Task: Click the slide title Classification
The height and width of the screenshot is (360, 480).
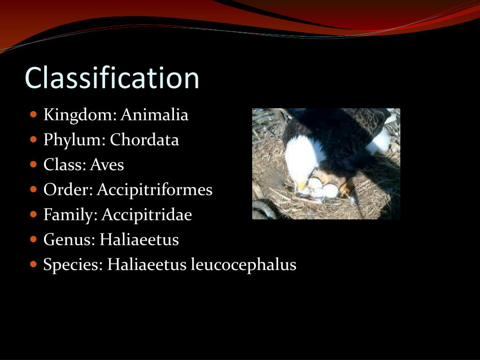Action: point(112,78)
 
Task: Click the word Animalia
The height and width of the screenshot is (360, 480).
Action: point(154,115)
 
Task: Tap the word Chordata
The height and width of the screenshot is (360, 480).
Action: point(144,140)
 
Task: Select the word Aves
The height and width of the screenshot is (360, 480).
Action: point(107,165)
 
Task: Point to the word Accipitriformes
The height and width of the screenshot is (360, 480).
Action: point(155,190)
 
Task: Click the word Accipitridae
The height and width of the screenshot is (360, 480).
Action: point(147,215)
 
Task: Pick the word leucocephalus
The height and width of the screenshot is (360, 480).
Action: point(244,265)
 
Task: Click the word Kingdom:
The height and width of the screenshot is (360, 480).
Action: point(80,115)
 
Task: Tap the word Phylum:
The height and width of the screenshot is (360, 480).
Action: point(75,140)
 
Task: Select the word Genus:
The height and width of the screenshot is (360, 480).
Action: point(69,240)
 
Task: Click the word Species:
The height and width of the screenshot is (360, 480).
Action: point(73,265)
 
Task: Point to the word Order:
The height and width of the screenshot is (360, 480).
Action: point(68,190)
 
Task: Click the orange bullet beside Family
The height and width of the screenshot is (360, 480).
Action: point(33,214)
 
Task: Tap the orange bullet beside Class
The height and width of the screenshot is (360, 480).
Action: point(33,164)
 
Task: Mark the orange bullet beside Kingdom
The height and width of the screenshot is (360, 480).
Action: point(33,114)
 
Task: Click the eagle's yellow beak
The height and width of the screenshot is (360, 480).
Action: point(302,186)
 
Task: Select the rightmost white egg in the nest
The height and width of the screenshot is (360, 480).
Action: point(330,190)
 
